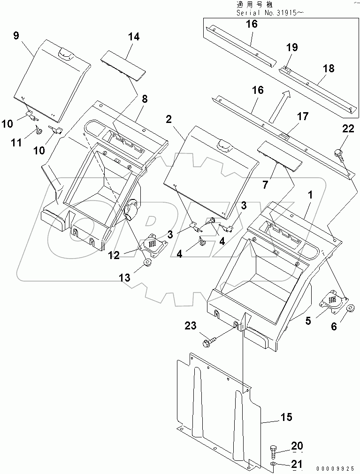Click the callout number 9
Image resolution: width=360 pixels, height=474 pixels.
click(x=16, y=36)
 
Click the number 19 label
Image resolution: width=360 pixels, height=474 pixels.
click(x=291, y=47)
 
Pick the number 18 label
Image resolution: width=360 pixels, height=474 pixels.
click(x=329, y=69)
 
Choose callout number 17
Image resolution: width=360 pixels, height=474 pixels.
click(x=303, y=115)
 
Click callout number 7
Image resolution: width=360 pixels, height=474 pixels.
click(x=266, y=184)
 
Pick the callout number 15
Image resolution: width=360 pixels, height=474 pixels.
click(x=286, y=417)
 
